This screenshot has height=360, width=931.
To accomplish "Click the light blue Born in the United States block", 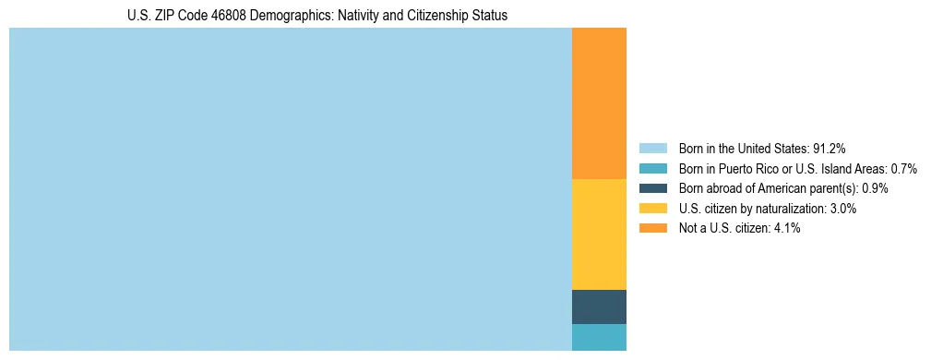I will (291, 189).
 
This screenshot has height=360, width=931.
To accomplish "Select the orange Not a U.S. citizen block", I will (599, 103).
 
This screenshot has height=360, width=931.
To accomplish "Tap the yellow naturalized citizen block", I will (599, 234).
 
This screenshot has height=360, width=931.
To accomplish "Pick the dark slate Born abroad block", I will (599, 306).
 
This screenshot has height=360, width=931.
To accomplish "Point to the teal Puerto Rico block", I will (599, 337).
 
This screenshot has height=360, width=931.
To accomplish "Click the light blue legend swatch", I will (652, 149).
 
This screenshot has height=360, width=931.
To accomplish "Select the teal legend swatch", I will (652, 169).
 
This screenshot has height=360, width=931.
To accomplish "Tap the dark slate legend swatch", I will (652, 188).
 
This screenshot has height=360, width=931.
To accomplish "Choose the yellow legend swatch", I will (652, 209).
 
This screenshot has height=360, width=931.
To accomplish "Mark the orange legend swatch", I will (652, 228).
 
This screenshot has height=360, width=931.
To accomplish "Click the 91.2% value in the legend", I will (830, 149).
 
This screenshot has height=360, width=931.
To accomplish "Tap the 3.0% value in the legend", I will (842, 209).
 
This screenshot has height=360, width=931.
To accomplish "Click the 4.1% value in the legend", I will (786, 228).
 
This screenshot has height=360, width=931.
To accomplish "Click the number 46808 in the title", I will (208, 16).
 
